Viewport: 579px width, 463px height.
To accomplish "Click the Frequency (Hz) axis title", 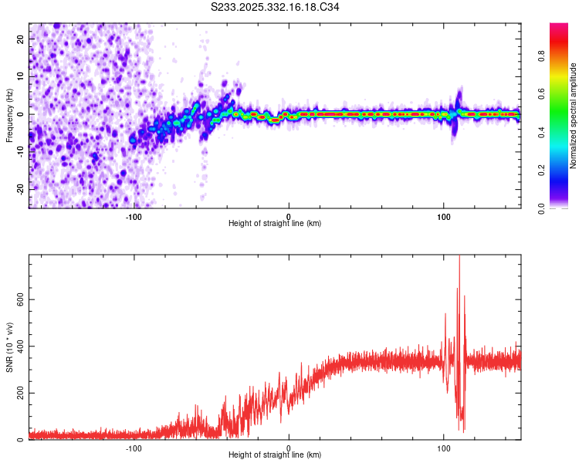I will [8, 115].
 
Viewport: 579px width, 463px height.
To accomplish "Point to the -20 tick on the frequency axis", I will [19, 189].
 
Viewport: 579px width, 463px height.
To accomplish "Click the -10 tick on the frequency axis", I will [19, 151].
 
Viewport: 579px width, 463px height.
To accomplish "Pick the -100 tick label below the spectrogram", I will [134, 216].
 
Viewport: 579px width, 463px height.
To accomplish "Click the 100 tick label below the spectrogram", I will [444, 216].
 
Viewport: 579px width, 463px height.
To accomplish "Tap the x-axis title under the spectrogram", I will [275, 224].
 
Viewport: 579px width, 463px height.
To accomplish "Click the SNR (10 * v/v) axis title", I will [10, 347].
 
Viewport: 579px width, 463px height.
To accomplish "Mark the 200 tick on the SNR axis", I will [19, 393].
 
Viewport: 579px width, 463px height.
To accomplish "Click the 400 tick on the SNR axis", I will [19, 346].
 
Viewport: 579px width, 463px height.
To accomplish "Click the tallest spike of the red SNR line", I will [459, 257].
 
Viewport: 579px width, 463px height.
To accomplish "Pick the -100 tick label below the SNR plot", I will [134, 448].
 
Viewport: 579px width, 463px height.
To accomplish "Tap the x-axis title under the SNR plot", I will [275, 456].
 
